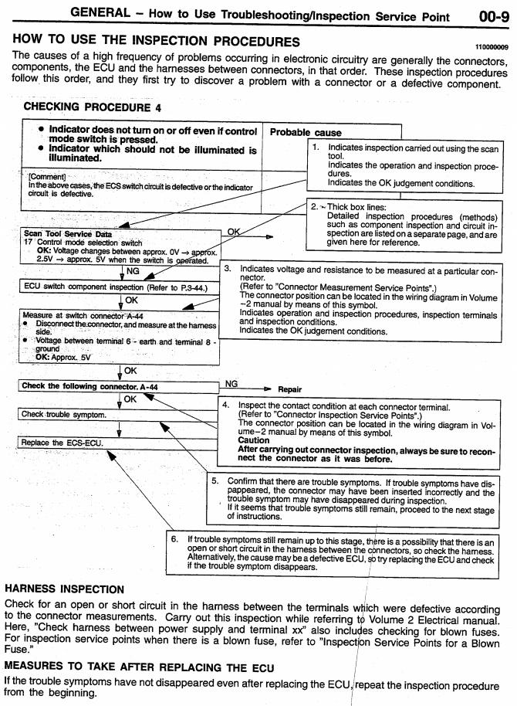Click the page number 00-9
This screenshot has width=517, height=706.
[490, 13]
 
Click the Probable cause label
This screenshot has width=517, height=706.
[306, 133]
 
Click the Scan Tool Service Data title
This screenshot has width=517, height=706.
[67, 234]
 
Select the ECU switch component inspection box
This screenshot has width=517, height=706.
[116, 287]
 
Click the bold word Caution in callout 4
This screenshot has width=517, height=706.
[255, 440]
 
